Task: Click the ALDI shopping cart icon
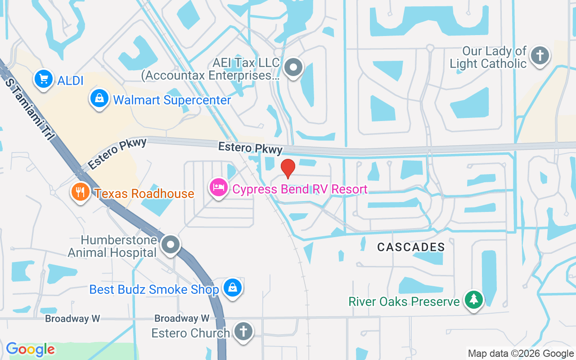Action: coord(43,80)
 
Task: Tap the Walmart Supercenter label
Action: coord(172,100)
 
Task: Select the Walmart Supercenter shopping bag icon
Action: coord(99,98)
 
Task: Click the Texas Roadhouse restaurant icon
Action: coord(80,192)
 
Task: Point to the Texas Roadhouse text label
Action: coord(144,194)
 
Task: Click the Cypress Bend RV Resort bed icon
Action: coord(219,187)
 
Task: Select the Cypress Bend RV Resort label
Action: coord(300,189)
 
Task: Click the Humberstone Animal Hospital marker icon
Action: coord(171,245)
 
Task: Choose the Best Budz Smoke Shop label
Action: coord(154,289)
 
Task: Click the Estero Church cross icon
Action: coord(243,332)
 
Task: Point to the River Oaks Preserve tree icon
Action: coord(473,299)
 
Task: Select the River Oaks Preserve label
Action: coord(404,301)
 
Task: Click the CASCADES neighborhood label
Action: coord(411,247)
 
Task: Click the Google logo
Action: coord(31,349)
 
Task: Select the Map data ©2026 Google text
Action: coord(521,354)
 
